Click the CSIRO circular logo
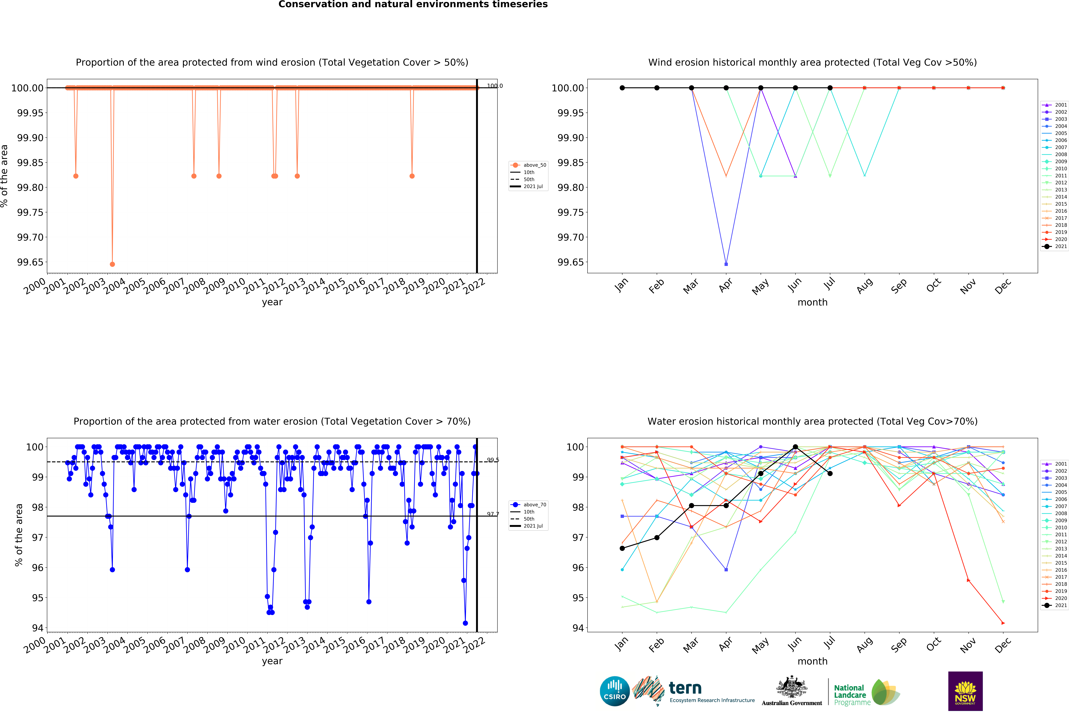pyautogui.click(x=614, y=691)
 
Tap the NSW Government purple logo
pyautogui.click(x=965, y=691)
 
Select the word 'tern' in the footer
pyautogui.click(x=685, y=688)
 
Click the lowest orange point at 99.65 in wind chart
pyautogui.click(x=112, y=264)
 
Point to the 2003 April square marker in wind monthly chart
pyautogui.click(x=726, y=264)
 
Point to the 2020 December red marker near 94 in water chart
pyautogui.click(x=1003, y=623)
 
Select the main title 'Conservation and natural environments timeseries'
pyautogui.click(x=413, y=5)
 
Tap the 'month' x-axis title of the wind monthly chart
pyautogui.click(x=812, y=302)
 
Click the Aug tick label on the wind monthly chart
pyautogui.click(x=864, y=286)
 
